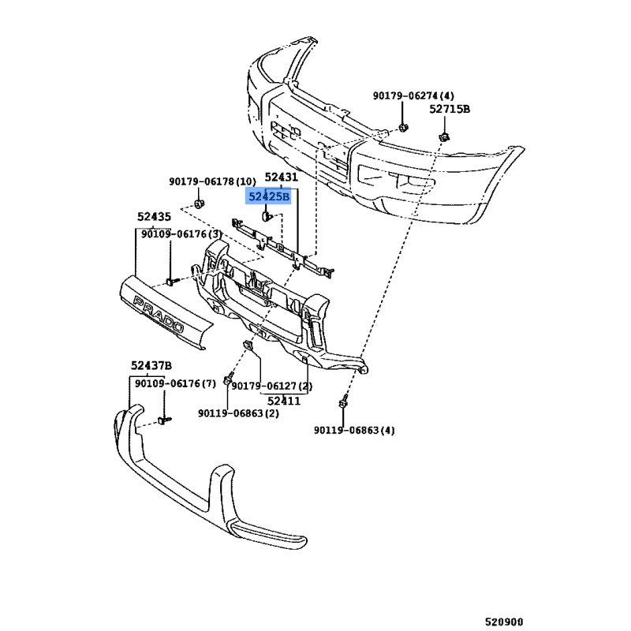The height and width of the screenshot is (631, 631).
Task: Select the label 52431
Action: (x=281, y=177)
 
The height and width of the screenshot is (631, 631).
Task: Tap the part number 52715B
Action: (x=449, y=110)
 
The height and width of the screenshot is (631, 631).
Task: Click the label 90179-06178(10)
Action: (x=212, y=181)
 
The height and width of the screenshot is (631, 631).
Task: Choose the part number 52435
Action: (x=154, y=216)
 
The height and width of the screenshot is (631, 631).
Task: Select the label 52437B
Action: (x=151, y=364)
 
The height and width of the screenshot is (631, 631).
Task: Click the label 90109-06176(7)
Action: (x=174, y=383)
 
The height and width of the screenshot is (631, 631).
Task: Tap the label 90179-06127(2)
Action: (x=271, y=386)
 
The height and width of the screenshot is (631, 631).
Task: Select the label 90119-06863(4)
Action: (x=354, y=430)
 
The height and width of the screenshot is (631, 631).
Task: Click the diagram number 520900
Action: (x=503, y=620)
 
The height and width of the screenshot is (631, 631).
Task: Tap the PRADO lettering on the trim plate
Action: (x=159, y=312)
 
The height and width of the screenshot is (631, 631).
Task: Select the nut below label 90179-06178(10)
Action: (x=200, y=206)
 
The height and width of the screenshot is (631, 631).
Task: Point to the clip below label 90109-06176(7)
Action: (x=164, y=420)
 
